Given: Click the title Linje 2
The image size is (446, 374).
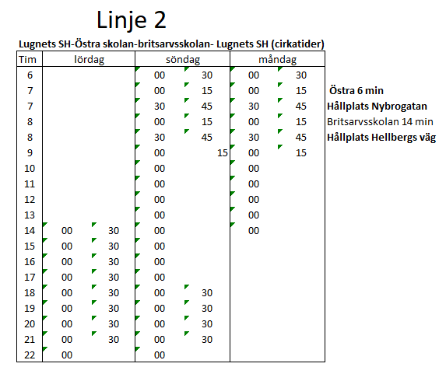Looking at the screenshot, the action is [131, 20].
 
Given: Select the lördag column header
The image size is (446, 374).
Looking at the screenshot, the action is [89, 60].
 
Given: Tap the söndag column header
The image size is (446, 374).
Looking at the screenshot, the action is [183, 60].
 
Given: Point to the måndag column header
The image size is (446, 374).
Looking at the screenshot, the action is [277, 60].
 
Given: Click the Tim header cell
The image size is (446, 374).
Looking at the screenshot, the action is [27, 60].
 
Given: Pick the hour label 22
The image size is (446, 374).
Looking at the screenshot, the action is [30, 355].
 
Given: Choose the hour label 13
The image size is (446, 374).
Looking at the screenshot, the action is [30, 215].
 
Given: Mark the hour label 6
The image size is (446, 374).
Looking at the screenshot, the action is [30, 75].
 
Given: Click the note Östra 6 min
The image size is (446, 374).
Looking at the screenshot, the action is [356, 90].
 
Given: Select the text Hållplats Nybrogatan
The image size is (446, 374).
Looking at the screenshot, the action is [378, 106].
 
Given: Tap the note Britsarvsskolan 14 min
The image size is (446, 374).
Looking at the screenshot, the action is [380, 121].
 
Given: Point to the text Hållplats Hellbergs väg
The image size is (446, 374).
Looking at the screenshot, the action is [381, 138].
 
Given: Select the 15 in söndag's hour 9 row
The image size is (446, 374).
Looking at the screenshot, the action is [223, 153].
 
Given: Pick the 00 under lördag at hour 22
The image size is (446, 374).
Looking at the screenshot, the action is [67, 355].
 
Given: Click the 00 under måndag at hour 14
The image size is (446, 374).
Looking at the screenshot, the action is [254, 230].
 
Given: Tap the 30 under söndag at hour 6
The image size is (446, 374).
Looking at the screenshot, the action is [207, 75].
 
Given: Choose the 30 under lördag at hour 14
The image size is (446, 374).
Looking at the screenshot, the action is [114, 230].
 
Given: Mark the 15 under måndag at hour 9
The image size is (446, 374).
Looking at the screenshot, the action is [301, 153].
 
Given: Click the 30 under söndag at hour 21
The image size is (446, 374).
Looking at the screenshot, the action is [207, 339].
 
